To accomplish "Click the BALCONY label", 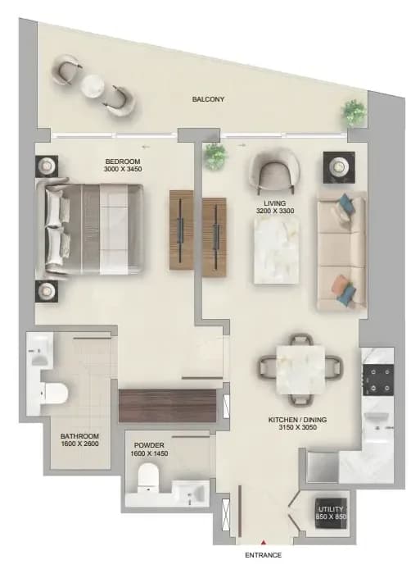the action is (x=208, y=99).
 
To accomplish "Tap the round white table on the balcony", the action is (x=93, y=87).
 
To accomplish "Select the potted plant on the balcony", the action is (x=354, y=112).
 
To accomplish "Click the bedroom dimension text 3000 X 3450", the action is (x=123, y=169).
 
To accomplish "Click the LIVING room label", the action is (x=275, y=203).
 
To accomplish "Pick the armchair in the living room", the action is (x=275, y=171).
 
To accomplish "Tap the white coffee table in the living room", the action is (x=277, y=250).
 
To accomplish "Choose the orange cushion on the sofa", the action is (x=340, y=284).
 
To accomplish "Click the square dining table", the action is (x=300, y=370).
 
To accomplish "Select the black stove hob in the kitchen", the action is (x=378, y=380).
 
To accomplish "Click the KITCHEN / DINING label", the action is (x=297, y=420).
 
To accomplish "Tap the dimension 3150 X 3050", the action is (x=297, y=427).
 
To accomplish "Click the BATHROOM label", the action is (x=79, y=436).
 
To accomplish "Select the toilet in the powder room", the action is (x=148, y=476).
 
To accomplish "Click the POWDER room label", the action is (x=149, y=445).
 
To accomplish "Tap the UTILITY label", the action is (x=331, y=509).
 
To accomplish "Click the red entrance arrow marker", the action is (x=264, y=543).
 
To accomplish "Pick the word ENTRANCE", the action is (x=263, y=555).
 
